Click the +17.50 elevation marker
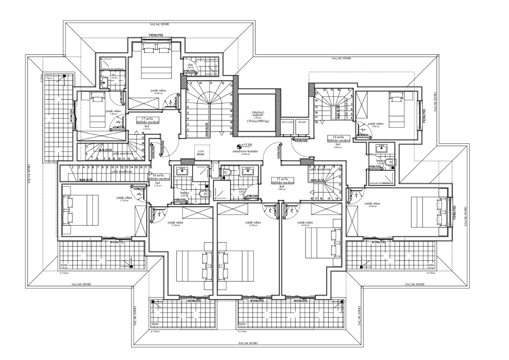pos(246,145)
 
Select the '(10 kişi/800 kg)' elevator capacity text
pos(258,122)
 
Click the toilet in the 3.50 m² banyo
pos(389,162)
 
